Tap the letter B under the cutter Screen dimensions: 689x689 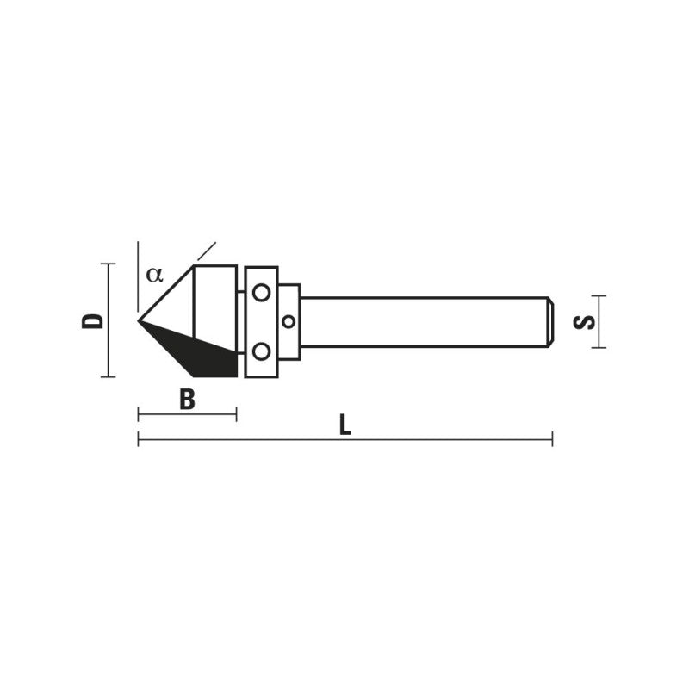187,400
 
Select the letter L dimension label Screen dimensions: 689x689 344,425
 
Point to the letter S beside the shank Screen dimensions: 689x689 585,321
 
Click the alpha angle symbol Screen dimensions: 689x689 153,275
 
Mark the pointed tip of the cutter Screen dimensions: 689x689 140,321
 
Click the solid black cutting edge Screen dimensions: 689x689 207,355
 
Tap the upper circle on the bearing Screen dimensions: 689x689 261,293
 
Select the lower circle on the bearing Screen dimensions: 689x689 261,351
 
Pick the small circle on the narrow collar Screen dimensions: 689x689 289,321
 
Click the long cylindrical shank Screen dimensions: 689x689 422,321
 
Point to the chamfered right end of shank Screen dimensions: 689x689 549,321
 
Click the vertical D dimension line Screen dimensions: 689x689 108,320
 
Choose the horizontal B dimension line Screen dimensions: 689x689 187,414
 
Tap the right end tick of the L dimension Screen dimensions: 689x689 552,440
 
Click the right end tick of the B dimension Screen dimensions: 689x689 236,414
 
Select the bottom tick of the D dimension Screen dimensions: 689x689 108,376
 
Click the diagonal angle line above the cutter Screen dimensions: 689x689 207,251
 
